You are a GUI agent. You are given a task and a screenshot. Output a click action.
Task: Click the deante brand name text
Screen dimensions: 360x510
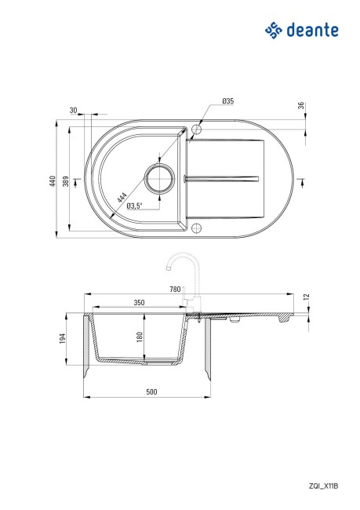tap(312, 31)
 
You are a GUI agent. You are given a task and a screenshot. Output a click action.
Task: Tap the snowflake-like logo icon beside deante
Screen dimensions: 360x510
tap(273, 31)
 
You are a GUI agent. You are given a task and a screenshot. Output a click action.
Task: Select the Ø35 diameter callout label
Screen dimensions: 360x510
tap(228, 101)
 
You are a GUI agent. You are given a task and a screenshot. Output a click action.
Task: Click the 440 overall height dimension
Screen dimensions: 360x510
tap(53, 180)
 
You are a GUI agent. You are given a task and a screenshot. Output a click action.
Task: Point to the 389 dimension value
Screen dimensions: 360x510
tap(66, 181)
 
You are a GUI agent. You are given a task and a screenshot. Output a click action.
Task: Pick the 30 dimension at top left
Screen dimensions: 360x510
tap(74, 111)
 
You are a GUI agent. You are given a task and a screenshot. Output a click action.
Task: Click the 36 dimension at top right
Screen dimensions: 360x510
tap(301, 106)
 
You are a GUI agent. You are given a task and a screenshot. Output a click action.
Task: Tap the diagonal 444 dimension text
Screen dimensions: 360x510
tap(122, 198)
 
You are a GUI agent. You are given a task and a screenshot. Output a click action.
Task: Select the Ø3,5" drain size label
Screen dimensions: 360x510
tap(135, 206)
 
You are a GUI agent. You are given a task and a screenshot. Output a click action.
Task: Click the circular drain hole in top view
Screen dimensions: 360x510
tap(159, 179)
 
